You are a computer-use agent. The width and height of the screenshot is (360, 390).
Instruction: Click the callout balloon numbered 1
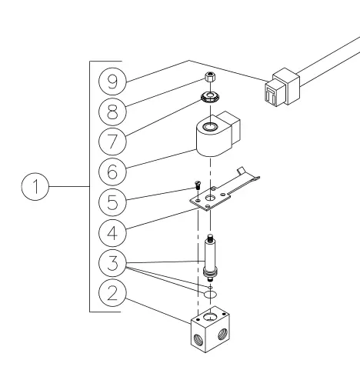point(35,186)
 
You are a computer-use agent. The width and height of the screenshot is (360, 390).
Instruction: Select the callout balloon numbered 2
point(112,293)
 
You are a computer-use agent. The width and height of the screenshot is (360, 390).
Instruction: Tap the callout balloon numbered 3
point(112,263)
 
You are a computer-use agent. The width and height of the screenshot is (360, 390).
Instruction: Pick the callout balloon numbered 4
point(112,233)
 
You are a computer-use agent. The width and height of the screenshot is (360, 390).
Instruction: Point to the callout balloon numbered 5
point(112,202)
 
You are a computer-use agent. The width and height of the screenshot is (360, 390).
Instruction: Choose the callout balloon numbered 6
point(112,172)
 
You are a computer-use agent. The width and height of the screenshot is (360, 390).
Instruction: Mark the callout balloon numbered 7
point(112,142)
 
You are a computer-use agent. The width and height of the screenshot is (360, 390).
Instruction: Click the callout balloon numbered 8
point(112,112)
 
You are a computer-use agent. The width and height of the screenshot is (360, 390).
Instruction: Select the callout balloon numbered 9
point(112,82)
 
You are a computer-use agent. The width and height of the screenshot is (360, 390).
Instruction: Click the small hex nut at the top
point(210,77)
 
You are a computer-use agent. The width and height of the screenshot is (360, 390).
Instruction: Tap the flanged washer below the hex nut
point(210,97)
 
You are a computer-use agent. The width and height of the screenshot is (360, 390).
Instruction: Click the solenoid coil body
point(218,134)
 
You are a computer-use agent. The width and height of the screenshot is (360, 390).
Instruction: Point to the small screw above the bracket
point(198,185)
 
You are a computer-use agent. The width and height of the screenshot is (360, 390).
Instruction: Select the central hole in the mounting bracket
point(210,198)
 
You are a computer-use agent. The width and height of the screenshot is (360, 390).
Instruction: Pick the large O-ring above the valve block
point(210,294)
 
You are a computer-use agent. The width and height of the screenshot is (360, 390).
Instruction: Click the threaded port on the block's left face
point(198,339)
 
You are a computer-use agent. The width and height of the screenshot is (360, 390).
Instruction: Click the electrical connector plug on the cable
point(282,87)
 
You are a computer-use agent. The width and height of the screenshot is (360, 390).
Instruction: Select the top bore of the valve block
point(210,317)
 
